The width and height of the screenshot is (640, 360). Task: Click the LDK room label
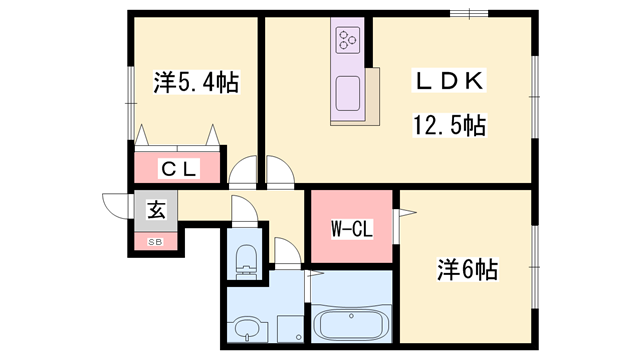[449, 81]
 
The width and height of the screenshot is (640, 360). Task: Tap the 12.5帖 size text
[449, 125]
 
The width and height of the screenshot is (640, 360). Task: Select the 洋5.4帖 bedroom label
[196, 82]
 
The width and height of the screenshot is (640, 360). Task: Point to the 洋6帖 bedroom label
[468, 269]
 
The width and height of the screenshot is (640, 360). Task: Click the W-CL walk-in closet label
[351, 229]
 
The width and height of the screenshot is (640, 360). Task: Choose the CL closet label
[179, 169]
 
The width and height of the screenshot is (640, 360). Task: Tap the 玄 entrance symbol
[156, 211]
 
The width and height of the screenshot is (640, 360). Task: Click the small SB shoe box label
[155, 242]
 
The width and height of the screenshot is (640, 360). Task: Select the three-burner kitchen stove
[348, 40]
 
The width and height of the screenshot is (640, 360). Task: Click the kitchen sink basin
[348, 93]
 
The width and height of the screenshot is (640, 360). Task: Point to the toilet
[246, 261]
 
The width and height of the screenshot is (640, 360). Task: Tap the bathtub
[351, 325]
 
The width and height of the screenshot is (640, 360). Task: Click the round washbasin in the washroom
[247, 330]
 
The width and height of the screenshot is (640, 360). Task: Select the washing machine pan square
[290, 329]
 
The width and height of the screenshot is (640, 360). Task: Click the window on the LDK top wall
[469, 13]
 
